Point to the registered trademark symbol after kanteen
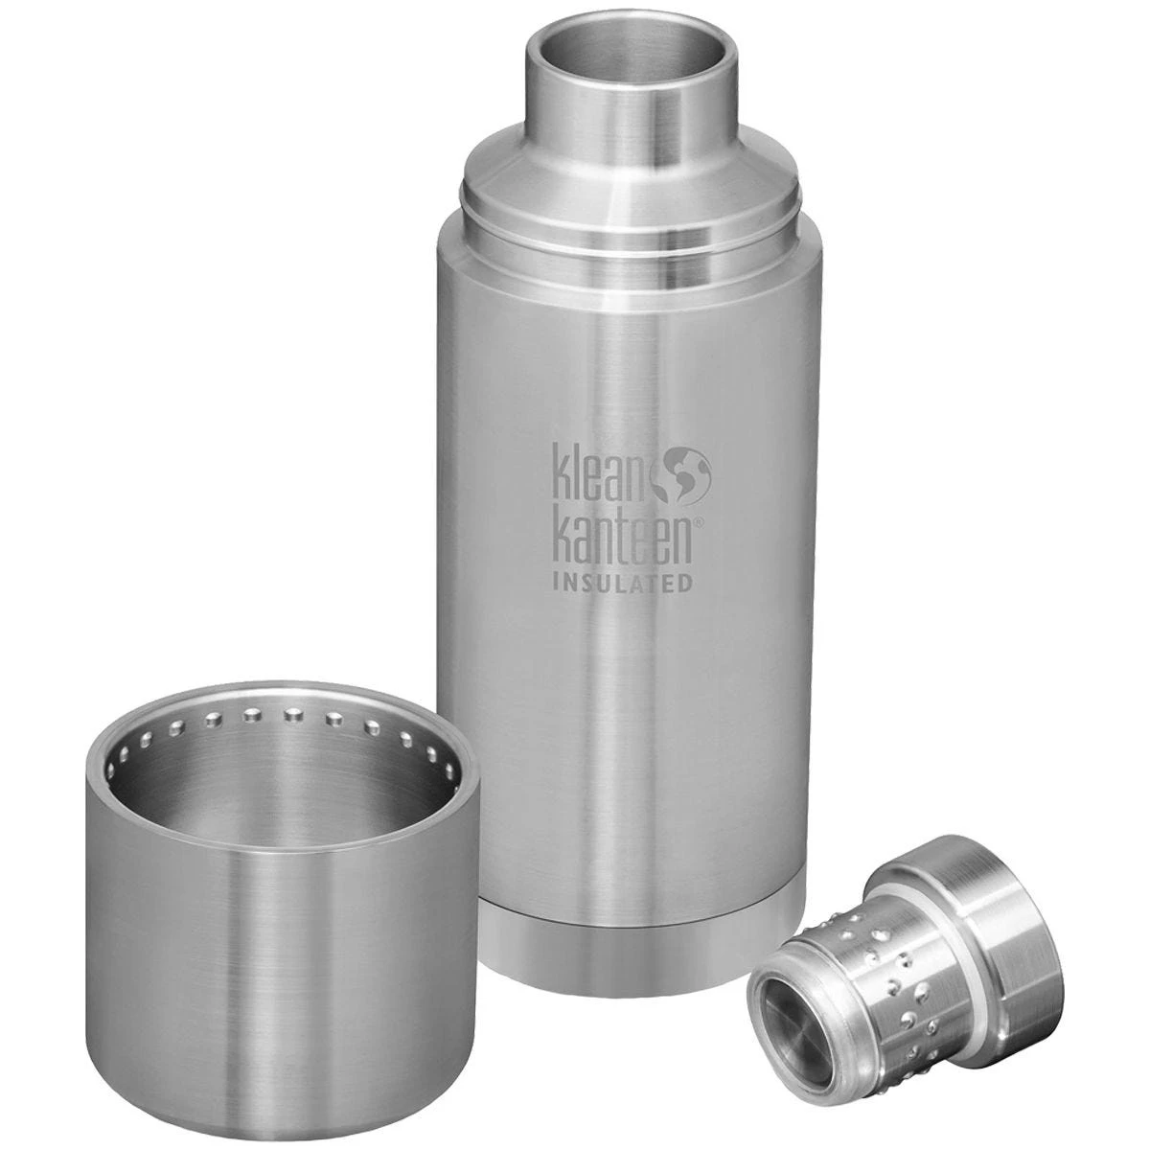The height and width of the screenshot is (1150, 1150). pos(698,522)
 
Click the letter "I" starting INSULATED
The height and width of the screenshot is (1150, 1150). pos(557,583)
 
